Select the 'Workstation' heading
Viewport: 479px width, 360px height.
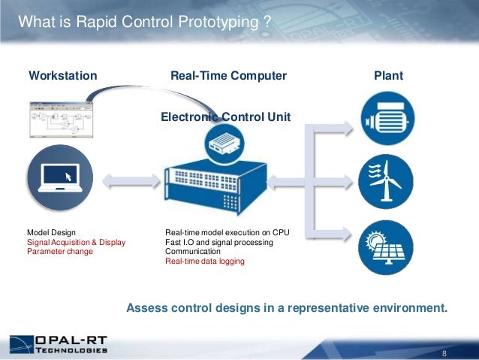pos(62,76)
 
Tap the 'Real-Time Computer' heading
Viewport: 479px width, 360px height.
pos(229,76)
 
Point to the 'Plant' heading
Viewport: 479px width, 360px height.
pos(389,76)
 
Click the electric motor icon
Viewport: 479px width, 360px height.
pos(385,117)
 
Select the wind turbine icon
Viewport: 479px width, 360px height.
pos(385,180)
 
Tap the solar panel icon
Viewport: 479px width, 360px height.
pos(385,244)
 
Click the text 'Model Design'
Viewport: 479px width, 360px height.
pos(51,234)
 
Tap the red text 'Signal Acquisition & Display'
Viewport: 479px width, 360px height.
pos(77,243)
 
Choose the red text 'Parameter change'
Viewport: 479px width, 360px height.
pos(60,252)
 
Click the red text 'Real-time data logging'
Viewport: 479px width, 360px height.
pos(205,262)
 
